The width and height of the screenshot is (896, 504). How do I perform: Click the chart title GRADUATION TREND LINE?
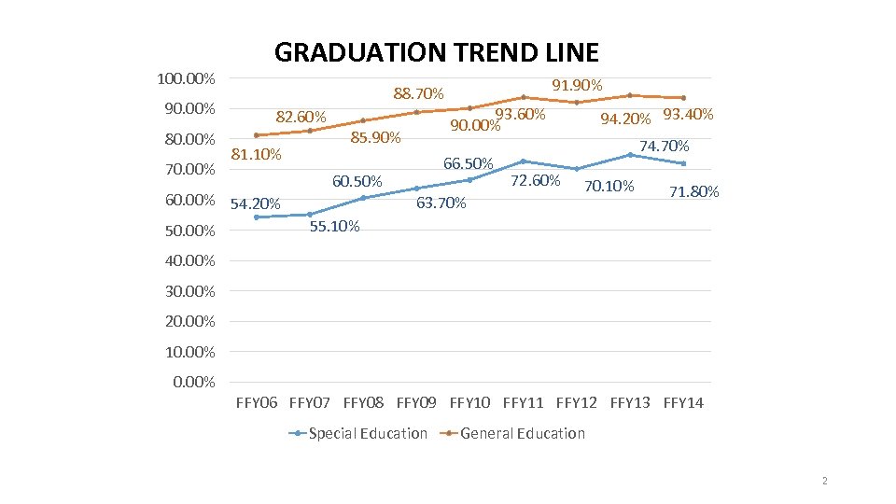(436, 52)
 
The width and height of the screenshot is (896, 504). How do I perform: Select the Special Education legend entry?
(367, 433)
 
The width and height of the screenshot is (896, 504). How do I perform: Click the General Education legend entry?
(522, 433)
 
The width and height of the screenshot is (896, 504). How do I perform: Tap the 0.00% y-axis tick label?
(194, 382)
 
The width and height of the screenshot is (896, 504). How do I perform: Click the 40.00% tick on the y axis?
(189, 260)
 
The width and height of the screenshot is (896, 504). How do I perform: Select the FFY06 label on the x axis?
(257, 403)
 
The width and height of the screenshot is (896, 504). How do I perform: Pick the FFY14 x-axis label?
(683, 403)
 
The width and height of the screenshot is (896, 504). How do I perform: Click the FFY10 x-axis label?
(469, 403)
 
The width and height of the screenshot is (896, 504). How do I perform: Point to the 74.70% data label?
(664, 147)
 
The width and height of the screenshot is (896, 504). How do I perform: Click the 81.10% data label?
(256, 155)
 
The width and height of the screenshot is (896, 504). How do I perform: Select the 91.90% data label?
(577, 86)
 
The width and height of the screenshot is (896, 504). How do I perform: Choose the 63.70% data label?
(441, 203)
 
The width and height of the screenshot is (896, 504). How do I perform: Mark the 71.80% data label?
(694, 192)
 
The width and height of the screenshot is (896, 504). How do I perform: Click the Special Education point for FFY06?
(257, 217)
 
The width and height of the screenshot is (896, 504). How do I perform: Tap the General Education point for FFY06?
(257, 135)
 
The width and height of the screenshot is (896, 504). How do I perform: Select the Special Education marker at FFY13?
(630, 155)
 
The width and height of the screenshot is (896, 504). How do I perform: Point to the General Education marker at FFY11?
(524, 97)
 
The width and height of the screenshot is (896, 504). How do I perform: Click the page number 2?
(825, 481)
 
